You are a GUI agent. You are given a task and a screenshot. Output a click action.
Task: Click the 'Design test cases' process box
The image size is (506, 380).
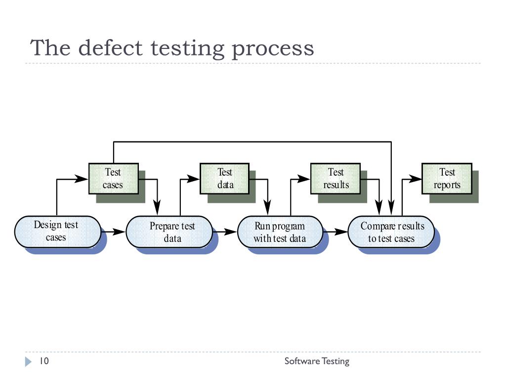pos(58,232)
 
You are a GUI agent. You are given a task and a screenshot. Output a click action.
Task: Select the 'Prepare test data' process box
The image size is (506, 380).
pos(169,232)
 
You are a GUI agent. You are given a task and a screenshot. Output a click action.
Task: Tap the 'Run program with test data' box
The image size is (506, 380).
pos(280,232)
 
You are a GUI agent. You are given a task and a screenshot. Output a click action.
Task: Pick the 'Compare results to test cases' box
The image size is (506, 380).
pos(391,232)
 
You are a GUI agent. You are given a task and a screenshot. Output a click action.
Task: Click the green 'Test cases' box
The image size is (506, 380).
pos(114,179)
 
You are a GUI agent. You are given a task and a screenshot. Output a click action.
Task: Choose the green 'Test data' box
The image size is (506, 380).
pos(225,179)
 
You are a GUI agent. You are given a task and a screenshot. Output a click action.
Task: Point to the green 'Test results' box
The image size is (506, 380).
pos(336,179)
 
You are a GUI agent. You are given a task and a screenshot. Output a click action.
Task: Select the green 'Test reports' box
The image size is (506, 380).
pos(447,179)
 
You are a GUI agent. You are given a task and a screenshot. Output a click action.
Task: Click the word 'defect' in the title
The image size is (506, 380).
pos(110,48)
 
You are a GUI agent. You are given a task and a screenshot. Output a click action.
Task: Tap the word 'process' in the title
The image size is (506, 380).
pos(273,49)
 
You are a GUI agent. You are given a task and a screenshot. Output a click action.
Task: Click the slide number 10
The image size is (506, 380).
pos(44,361)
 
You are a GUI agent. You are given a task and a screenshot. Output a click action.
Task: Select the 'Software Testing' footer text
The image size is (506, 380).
pos(317,361)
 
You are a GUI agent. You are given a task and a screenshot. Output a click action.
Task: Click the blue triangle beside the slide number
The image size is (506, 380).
pos(28,362)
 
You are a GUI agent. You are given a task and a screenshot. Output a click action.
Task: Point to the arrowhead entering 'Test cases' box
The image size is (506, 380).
pos(82,179)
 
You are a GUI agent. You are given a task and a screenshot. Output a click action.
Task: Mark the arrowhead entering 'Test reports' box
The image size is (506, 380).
pos(415,179)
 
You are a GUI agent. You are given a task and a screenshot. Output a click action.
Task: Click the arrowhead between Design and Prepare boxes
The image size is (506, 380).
pos(119,232)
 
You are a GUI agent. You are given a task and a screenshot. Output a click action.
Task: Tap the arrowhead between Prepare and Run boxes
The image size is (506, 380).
pos(230,232)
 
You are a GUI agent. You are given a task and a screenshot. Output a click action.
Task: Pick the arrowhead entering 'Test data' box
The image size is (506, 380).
pos(193,179)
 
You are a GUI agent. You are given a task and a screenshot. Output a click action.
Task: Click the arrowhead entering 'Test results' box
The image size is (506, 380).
pos(304,179)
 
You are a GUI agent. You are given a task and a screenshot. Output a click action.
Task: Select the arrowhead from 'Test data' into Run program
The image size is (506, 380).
pos(267,208)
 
